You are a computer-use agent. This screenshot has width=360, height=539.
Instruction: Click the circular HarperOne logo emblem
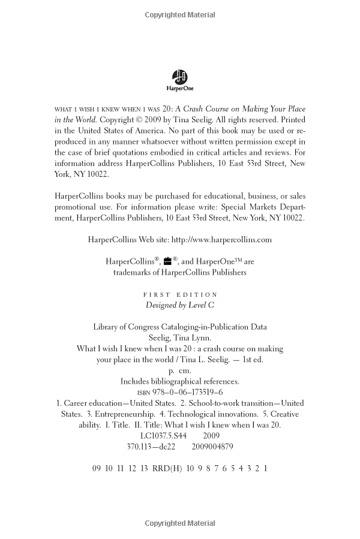pos(179,76)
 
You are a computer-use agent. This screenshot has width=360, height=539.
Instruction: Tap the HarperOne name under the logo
pos(180,89)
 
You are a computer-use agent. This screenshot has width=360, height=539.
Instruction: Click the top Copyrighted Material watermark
pos(180,15)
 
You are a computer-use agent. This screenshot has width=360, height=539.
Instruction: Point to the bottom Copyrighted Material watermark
pos(180,523)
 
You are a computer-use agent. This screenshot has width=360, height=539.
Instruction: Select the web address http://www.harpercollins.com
pos(221,239)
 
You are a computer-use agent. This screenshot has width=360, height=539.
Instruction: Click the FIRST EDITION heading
pos(180,295)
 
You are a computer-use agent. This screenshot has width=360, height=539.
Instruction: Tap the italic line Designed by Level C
pos(180,305)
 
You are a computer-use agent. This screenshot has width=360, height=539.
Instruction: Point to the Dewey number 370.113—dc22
pos(151,447)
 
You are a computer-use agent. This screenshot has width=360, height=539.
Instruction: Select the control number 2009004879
pos(212,447)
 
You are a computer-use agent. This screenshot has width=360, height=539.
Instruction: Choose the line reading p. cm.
pos(180,371)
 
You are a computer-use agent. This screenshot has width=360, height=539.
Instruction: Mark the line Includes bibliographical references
pos(180,381)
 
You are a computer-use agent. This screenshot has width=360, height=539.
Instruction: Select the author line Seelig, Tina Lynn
pos(180,338)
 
